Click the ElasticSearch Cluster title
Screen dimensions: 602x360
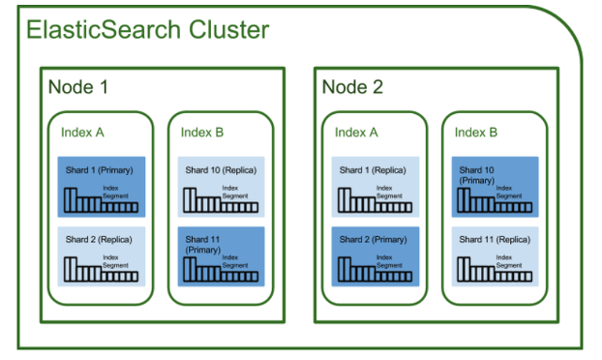point(147,30)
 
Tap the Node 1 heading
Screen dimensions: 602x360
point(78,87)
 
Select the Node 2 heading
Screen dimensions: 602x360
point(352,87)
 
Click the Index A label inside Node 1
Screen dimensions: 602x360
point(82,133)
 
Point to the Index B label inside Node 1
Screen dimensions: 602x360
point(202,133)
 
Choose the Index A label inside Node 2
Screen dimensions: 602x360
point(356,133)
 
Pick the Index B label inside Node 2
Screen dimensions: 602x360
point(476,133)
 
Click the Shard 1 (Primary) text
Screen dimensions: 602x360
point(99,170)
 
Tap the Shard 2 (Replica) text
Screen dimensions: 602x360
point(99,239)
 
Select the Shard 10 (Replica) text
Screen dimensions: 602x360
point(221,170)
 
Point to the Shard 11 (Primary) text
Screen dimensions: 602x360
point(202,245)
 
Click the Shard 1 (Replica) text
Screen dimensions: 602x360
point(373,170)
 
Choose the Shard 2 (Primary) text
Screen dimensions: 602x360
point(373,239)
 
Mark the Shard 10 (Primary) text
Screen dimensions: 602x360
point(477,175)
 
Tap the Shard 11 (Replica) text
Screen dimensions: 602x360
point(495,239)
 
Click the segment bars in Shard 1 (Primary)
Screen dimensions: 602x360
point(101,200)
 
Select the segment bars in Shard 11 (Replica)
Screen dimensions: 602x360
point(495,270)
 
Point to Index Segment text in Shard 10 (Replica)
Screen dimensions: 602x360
point(235,192)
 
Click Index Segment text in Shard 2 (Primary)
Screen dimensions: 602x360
point(389,261)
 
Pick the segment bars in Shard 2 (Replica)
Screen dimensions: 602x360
point(101,270)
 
